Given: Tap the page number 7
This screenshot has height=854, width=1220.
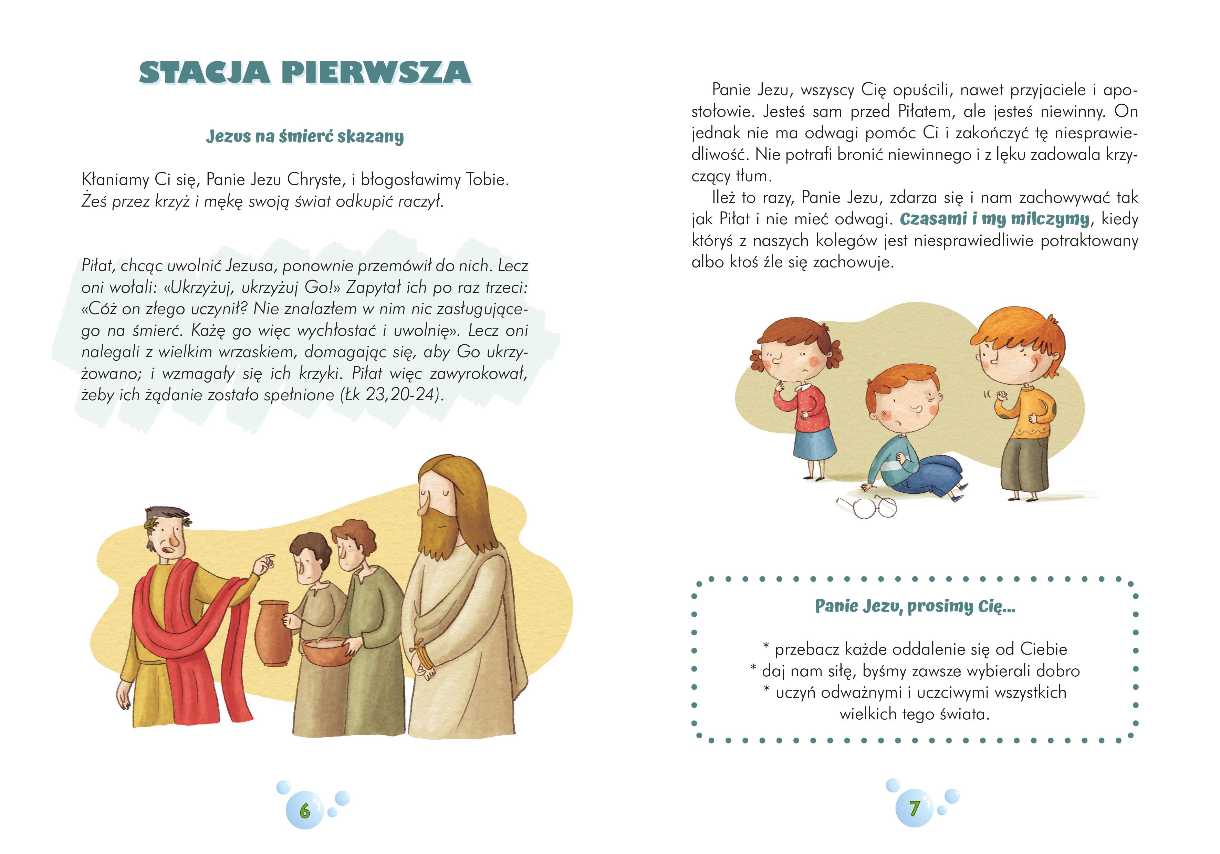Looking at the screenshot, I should tap(914, 808).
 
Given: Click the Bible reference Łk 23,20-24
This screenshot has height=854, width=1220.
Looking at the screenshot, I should tap(392, 395).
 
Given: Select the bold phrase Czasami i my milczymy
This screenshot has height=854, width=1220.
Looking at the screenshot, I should tap(994, 219).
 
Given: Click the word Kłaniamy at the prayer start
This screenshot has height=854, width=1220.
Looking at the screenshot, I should tap(114, 180).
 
